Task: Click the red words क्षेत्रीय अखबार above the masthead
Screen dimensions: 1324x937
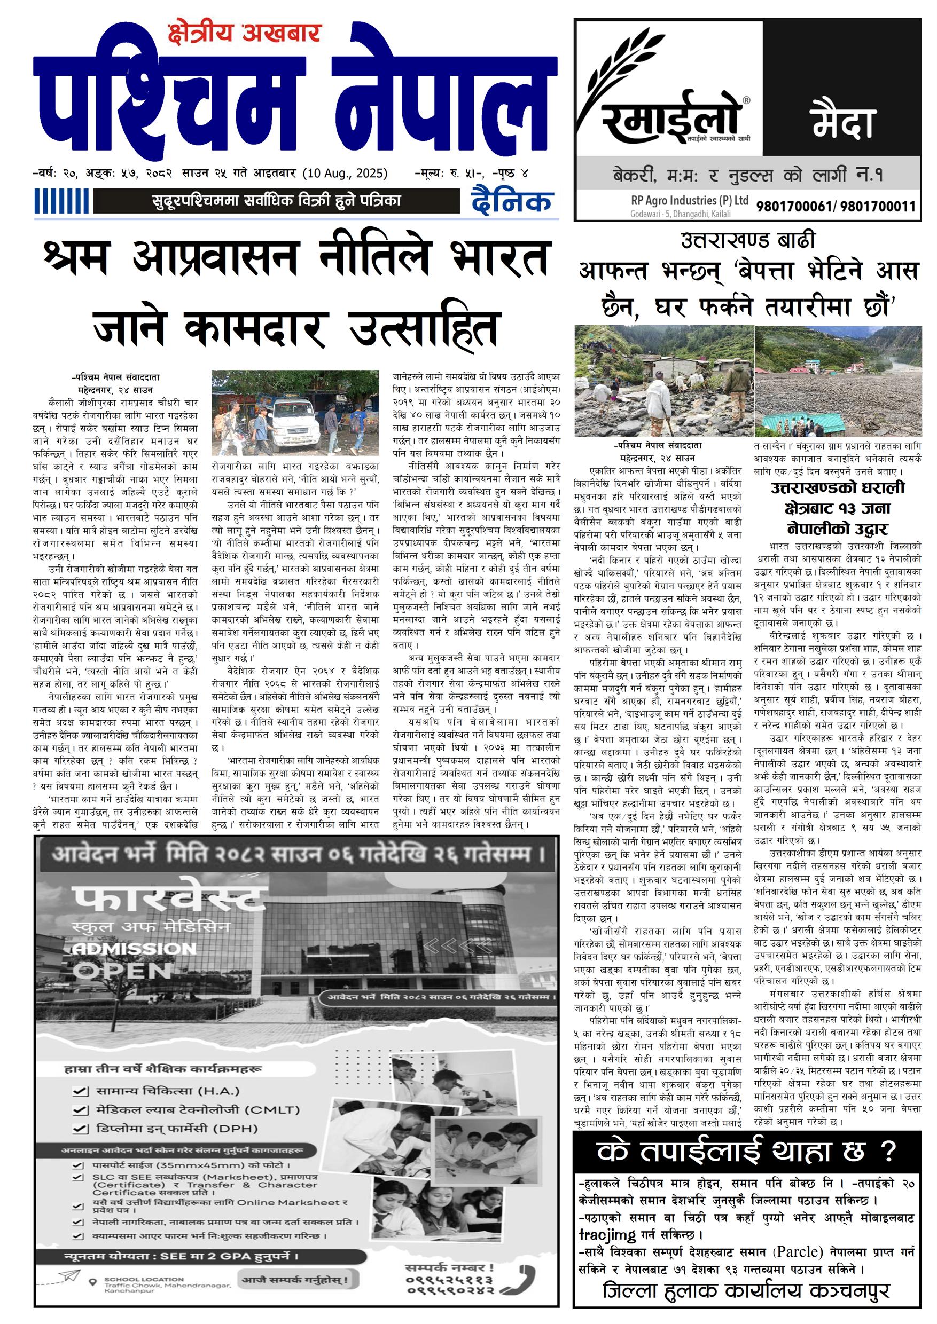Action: click(244, 33)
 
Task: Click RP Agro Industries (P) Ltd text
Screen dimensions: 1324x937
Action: click(689, 201)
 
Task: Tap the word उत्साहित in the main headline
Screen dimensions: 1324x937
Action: click(423, 328)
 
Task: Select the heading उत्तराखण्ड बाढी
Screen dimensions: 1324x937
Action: click(748, 240)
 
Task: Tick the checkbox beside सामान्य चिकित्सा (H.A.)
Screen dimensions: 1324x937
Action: click(80, 1091)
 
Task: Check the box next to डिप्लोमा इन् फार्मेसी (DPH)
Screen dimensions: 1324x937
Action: click(80, 1129)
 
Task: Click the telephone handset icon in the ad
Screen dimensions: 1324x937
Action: click(525, 1279)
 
